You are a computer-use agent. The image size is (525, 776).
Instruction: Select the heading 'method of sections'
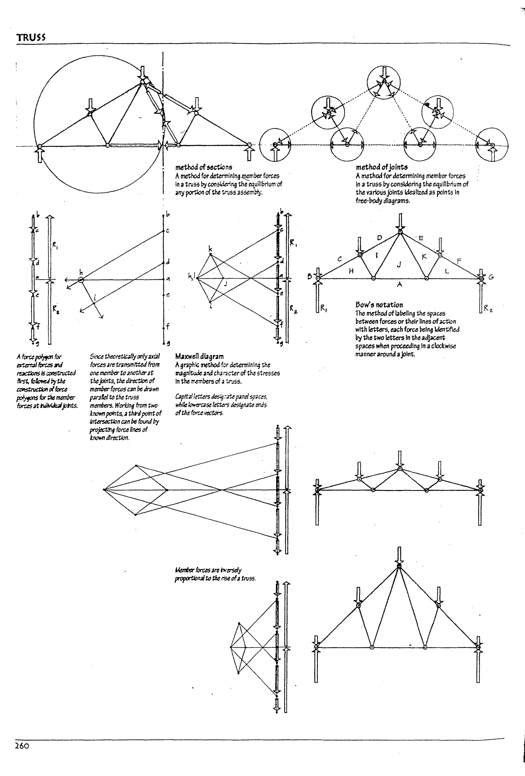(204, 167)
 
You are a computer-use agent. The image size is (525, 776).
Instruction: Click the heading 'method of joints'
(381, 167)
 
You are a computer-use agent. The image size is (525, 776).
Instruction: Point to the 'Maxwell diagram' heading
(199, 356)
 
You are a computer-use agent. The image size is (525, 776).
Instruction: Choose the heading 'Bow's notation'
(379, 304)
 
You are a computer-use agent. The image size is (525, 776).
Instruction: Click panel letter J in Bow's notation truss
(399, 265)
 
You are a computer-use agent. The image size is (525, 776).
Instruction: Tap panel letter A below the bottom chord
(399, 284)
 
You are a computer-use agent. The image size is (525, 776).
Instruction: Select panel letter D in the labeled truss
(379, 238)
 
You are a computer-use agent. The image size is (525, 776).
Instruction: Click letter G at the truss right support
(491, 277)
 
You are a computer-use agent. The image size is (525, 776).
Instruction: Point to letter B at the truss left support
(310, 277)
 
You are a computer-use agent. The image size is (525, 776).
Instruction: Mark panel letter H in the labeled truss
(351, 271)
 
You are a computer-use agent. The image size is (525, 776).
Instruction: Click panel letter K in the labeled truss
(424, 257)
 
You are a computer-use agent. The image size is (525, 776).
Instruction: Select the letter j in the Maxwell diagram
(226, 284)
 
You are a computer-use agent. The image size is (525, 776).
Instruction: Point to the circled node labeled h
(81, 280)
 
